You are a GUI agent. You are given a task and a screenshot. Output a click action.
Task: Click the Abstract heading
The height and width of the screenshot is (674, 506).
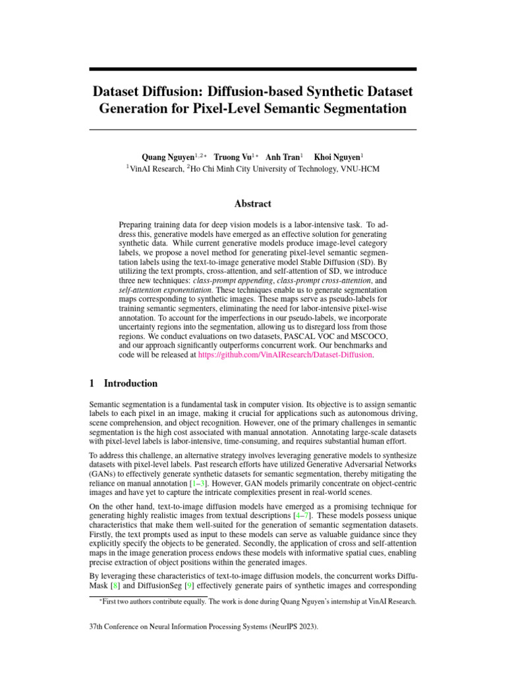pos(252,204)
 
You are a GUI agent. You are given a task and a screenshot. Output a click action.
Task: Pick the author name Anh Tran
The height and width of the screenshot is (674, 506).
pos(282,157)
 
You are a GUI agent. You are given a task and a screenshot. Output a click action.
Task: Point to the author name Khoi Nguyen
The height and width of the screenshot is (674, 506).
pos(337,157)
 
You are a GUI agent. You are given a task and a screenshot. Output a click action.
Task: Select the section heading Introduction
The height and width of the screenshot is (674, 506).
pos(130,384)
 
